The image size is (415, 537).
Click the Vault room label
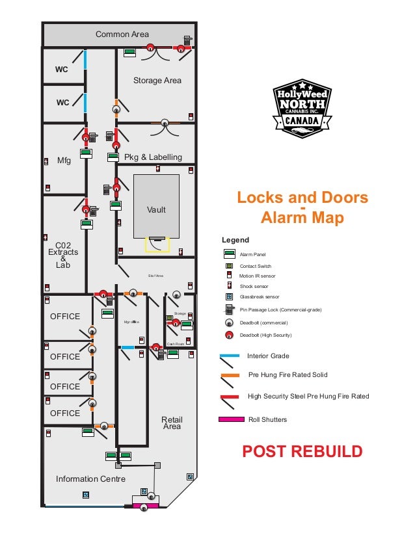point(156,210)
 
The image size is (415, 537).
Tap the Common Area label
point(122,34)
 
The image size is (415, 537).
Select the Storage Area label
point(157,81)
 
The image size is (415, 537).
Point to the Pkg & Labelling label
point(154,157)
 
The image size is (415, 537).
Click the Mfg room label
point(64,160)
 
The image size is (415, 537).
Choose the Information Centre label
point(90,479)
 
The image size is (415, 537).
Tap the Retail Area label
point(172,423)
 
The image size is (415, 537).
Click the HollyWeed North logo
point(302,109)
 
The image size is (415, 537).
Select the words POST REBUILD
point(302,452)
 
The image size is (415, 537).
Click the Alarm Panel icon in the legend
point(230,254)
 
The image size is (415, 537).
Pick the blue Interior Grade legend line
point(230,356)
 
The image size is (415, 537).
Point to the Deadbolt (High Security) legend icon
point(230,335)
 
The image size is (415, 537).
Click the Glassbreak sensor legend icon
point(229,296)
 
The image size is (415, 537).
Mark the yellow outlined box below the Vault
point(157,245)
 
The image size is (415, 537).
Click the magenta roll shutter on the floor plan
point(146,504)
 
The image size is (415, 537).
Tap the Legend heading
point(235,241)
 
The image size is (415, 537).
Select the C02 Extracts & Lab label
point(62,255)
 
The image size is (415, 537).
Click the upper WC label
point(62,70)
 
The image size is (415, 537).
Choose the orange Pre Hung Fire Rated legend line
point(230,376)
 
